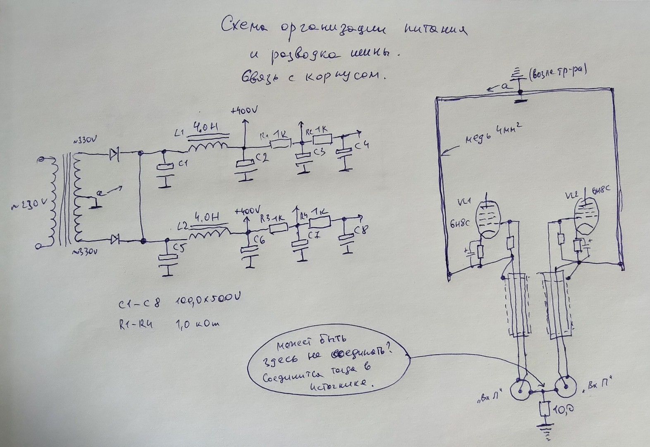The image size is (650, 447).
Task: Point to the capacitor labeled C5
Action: click(x=167, y=257)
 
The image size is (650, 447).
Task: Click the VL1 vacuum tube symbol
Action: click(x=488, y=219)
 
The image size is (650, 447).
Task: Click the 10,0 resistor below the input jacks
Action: click(x=544, y=409)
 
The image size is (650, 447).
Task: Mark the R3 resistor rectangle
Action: click(x=278, y=228)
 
